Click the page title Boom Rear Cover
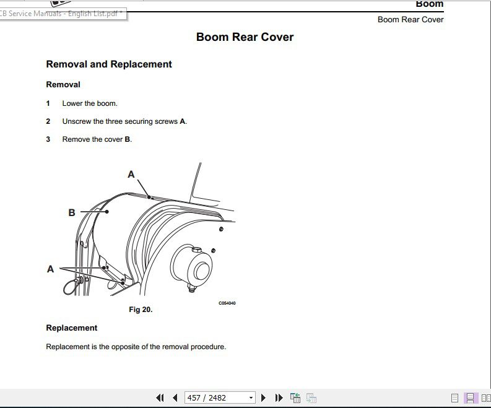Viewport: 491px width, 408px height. pyautogui.click(x=245, y=37)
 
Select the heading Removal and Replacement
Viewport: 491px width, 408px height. pyautogui.click(x=109, y=64)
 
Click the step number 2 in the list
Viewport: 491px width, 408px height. pyautogui.click(x=48, y=121)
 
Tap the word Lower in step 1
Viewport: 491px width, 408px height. pyautogui.click(x=72, y=103)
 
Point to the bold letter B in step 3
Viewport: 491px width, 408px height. pyautogui.click(x=128, y=139)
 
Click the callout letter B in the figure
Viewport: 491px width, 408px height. pyautogui.click(x=72, y=212)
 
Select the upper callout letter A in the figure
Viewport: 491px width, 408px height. pyautogui.click(x=131, y=175)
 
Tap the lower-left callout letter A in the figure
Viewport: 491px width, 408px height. pyautogui.click(x=51, y=269)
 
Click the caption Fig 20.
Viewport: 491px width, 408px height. pyautogui.click(x=141, y=310)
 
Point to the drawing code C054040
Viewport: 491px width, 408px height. pyautogui.click(x=227, y=303)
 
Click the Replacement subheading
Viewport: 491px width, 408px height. pyautogui.click(x=72, y=328)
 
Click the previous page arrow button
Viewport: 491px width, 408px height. pyautogui.click(x=175, y=397)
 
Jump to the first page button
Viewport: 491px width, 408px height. pyautogui.click(x=160, y=397)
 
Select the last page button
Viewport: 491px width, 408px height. pyautogui.click(x=279, y=397)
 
